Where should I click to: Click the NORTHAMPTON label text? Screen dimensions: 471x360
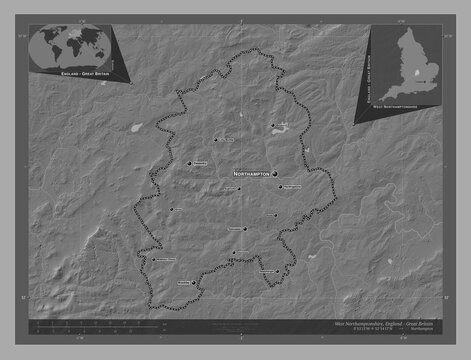tap(251, 173)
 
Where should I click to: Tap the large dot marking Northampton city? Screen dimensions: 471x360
tap(273, 172)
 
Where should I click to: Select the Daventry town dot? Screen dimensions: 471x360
tap(188, 163)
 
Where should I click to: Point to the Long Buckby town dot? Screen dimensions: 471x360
tap(215, 140)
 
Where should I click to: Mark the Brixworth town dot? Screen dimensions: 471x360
tap(270, 125)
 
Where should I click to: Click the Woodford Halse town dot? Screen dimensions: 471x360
tap(171, 209)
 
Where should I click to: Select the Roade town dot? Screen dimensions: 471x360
tap(276, 215)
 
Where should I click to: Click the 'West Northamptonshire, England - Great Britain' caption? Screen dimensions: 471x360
tap(385, 325)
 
